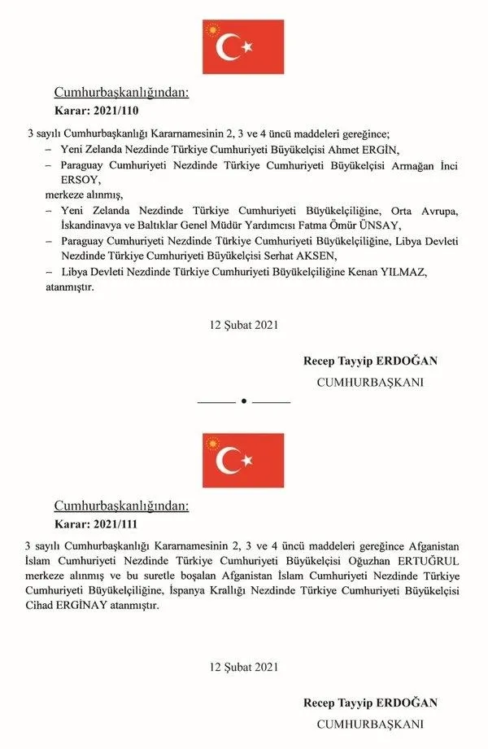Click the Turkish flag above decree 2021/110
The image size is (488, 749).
point(243,47)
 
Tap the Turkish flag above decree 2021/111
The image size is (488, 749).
point(243,460)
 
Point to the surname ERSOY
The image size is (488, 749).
point(68,180)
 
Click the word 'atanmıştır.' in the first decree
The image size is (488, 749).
point(69,287)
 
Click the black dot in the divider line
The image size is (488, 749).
point(244,401)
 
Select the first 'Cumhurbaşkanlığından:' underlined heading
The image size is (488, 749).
point(121,93)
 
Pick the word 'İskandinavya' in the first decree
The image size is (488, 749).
point(92,226)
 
